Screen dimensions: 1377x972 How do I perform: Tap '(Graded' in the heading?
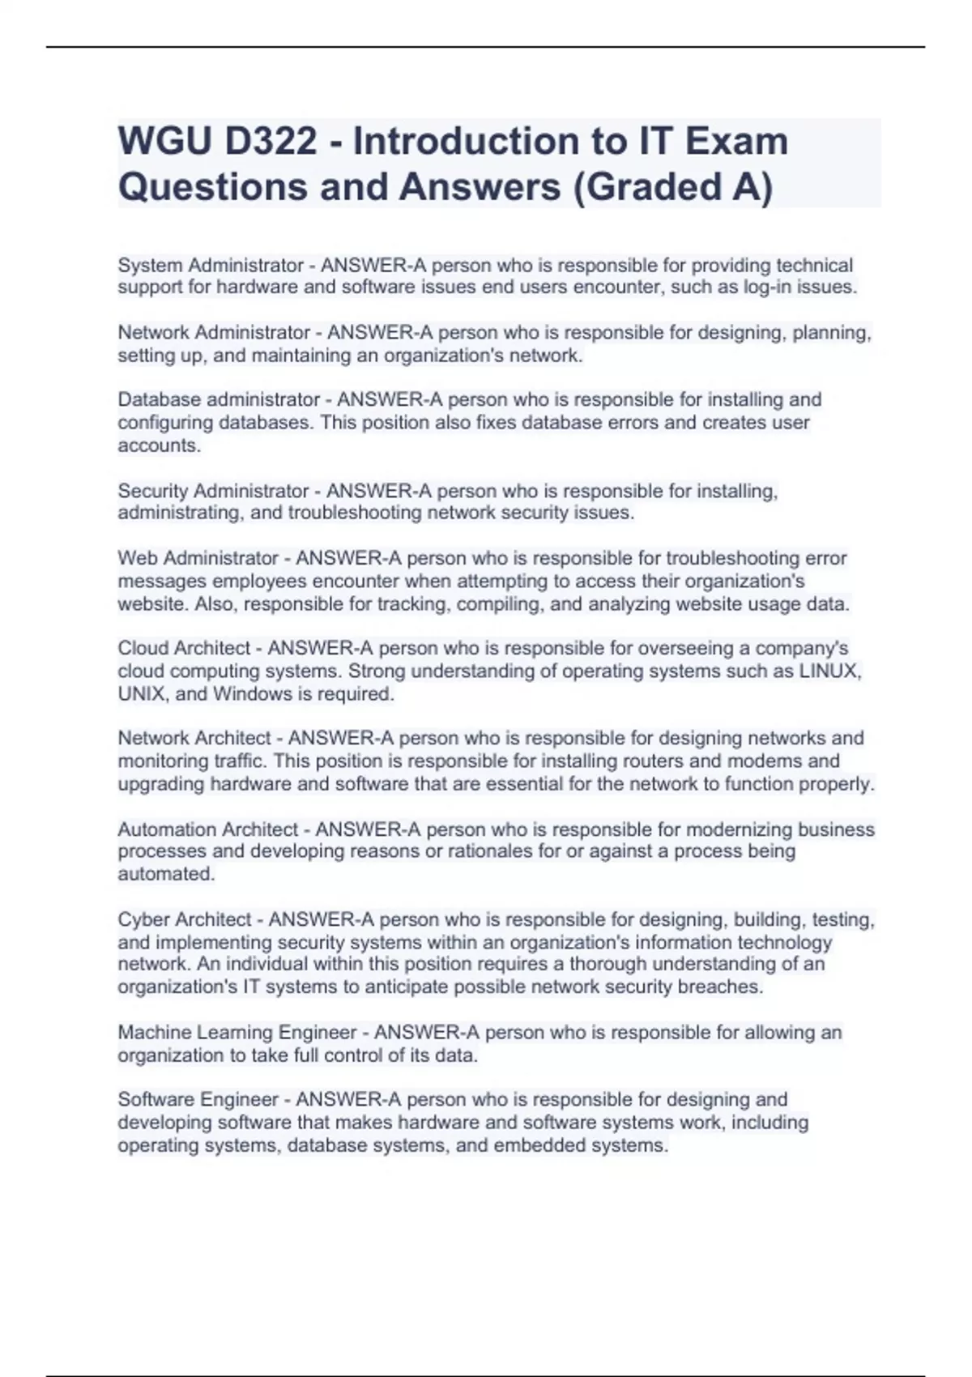(x=649, y=187)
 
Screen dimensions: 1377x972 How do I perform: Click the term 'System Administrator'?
(x=211, y=266)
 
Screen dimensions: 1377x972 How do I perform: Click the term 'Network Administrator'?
(x=214, y=333)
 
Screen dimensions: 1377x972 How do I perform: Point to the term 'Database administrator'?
(x=219, y=400)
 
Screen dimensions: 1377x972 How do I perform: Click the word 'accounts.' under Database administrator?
(x=160, y=446)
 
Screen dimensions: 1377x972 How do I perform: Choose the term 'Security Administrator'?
(x=213, y=492)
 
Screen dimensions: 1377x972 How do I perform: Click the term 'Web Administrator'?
(x=198, y=559)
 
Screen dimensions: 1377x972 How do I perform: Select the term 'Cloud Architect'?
(x=184, y=649)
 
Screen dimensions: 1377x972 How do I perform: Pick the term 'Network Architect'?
(x=194, y=739)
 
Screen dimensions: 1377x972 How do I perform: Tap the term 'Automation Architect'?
(x=208, y=830)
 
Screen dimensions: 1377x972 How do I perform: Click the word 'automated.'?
(x=166, y=875)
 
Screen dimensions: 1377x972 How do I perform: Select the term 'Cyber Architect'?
(x=185, y=920)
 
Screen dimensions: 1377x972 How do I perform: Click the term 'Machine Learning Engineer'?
(x=237, y=1033)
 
